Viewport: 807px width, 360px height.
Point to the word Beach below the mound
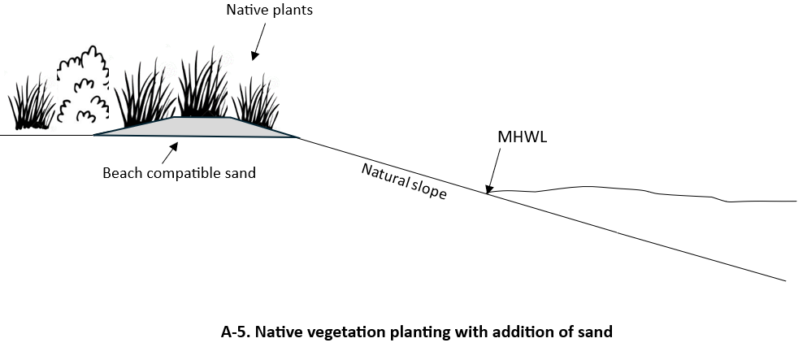click(x=120, y=173)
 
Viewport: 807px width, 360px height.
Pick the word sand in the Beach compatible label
click(x=241, y=173)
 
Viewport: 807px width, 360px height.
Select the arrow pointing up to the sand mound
click(x=171, y=150)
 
